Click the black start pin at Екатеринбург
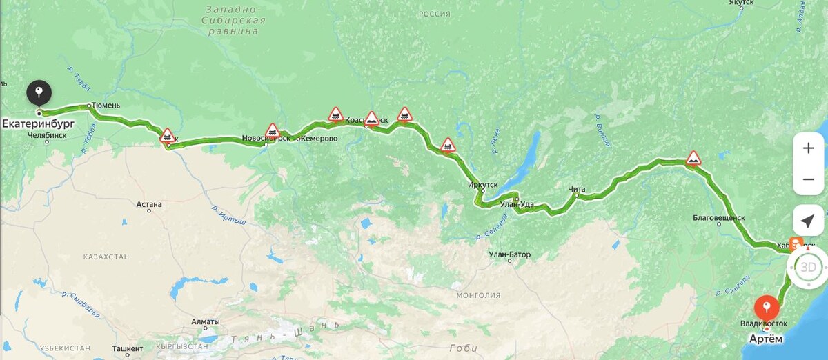[x=39, y=92]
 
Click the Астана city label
[x=149, y=204]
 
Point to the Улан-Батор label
[x=509, y=254]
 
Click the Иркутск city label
[x=482, y=185]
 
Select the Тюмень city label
[x=106, y=106]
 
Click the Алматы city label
[x=205, y=322]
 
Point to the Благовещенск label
[x=719, y=218]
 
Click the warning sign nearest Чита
[x=693, y=159]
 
